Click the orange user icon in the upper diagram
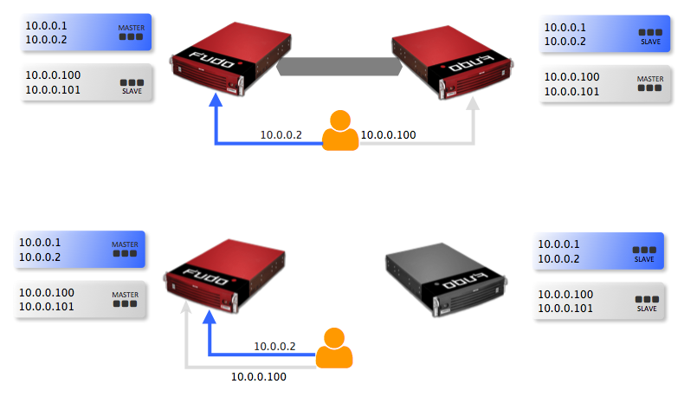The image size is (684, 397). click(340, 132)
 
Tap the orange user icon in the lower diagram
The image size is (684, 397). click(333, 348)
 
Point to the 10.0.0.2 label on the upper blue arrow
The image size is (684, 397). click(281, 134)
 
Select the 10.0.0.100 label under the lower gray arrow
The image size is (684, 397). click(258, 377)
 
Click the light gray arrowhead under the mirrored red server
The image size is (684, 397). click(472, 104)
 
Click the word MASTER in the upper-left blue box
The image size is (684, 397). click(132, 28)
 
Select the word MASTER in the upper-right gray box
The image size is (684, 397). click(649, 79)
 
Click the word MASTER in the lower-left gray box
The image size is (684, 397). click(125, 294)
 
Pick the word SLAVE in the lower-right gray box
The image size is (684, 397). click(646, 309)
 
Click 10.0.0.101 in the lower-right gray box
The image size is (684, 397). click(565, 309)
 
